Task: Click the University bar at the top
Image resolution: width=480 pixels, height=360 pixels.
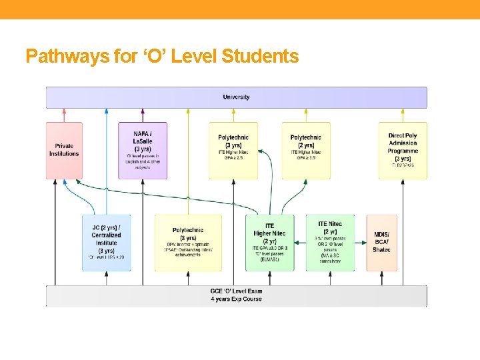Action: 236,97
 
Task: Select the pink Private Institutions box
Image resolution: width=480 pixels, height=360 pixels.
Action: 64,150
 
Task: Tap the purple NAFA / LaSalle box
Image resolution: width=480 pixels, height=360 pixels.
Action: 142,150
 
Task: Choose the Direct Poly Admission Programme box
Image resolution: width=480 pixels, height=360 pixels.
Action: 403,150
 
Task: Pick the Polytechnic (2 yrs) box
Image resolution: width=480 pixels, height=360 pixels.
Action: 305,150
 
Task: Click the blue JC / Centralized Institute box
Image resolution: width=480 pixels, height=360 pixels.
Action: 106,243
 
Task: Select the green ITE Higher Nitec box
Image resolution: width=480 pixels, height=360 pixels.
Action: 269,243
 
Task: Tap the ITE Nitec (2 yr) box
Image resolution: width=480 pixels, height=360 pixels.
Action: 330,243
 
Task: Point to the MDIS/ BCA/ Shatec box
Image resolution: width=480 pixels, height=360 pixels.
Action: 381,243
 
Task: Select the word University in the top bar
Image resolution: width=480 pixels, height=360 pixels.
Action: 236,97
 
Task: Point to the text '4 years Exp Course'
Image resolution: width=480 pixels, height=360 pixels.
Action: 236,299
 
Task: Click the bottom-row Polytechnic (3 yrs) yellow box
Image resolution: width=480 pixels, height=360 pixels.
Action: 188,243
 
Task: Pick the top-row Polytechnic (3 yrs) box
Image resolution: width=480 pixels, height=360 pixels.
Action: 233,150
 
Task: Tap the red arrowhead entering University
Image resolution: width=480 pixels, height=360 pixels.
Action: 64,111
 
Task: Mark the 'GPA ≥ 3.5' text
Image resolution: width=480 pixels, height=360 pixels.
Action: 306,158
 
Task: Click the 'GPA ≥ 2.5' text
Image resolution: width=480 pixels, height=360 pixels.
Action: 233,158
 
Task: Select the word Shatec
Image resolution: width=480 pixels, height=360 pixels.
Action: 381,250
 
